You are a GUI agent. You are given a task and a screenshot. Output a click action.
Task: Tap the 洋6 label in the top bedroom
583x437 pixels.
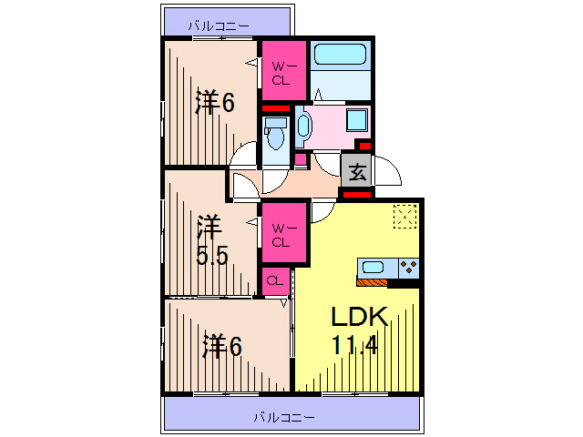[x=215, y=102]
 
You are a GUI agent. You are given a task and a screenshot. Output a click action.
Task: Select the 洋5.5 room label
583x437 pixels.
[x=212, y=239]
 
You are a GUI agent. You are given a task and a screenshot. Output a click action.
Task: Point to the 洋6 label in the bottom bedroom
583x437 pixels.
[x=221, y=345]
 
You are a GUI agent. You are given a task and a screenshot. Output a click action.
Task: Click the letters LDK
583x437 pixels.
[x=359, y=318]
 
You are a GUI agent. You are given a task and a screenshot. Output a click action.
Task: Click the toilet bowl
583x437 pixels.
[x=274, y=133]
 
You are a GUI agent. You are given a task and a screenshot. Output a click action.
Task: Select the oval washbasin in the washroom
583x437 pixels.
[x=304, y=126]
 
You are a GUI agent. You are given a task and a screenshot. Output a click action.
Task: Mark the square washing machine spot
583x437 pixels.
[x=357, y=120]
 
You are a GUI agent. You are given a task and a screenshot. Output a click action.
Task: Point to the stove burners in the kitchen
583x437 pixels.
[x=409, y=268]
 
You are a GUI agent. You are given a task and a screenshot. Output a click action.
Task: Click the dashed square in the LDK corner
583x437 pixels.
[x=404, y=216]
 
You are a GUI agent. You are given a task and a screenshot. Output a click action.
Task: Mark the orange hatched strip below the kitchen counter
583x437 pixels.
[x=373, y=282]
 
